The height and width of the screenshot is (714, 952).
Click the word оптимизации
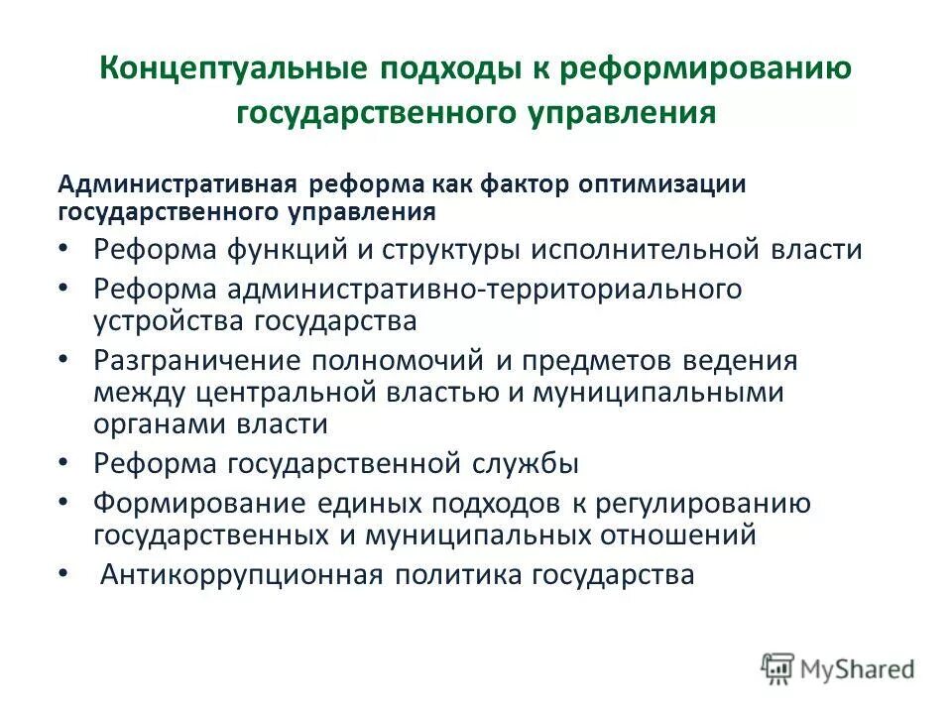648,185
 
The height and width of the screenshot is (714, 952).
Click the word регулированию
704,503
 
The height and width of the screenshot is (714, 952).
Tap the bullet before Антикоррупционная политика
64,574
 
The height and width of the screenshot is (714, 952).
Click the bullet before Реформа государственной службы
64,463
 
